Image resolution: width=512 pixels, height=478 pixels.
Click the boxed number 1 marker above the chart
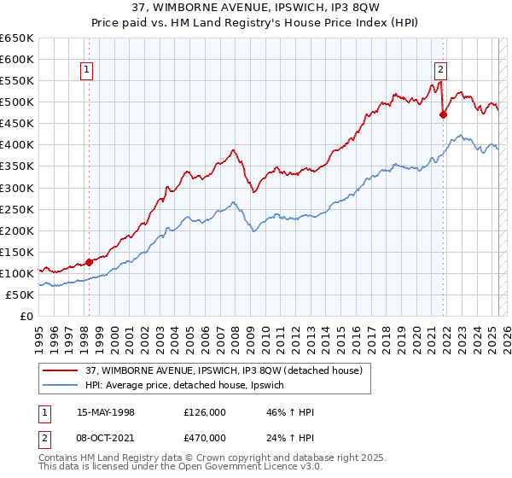(88, 71)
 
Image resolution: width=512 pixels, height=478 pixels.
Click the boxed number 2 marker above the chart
(440, 71)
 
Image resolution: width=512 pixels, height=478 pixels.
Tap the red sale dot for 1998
(89, 262)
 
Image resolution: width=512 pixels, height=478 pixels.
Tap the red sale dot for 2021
(443, 115)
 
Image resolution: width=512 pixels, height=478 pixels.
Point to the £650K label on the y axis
(17, 38)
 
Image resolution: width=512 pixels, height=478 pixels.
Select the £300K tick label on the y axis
(17, 188)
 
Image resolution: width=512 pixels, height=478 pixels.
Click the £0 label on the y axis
(27, 316)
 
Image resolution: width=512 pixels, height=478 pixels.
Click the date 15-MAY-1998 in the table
(106, 412)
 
